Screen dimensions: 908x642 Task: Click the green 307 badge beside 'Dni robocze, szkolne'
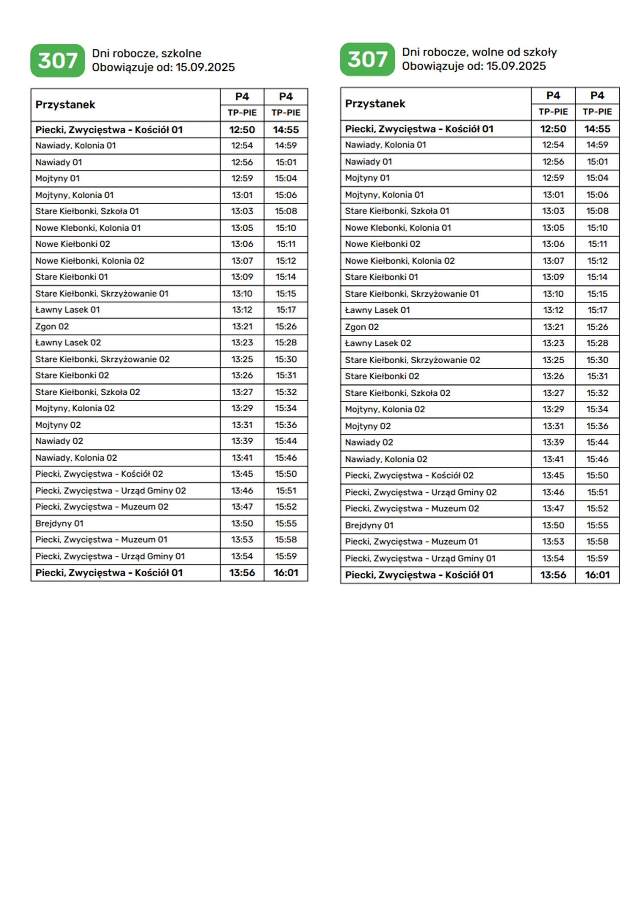tap(57, 61)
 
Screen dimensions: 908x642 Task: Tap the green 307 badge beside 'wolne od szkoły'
tap(367, 59)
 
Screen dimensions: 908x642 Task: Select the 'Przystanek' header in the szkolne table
tap(65, 105)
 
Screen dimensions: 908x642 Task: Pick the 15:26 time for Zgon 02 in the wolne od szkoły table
tap(597, 327)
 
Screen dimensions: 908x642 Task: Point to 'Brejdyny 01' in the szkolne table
tap(59, 523)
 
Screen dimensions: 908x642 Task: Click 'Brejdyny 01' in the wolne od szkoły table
tap(369, 525)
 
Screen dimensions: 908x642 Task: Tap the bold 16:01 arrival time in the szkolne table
tap(286, 573)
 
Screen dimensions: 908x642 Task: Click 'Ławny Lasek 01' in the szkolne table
tap(67, 310)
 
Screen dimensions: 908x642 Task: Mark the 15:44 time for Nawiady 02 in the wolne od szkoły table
tap(597, 442)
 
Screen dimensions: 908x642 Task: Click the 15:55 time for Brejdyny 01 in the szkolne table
tap(286, 523)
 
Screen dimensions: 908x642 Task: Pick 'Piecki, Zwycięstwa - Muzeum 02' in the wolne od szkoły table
tap(412, 508)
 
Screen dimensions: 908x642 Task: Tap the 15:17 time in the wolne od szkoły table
tap(597, 310)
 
